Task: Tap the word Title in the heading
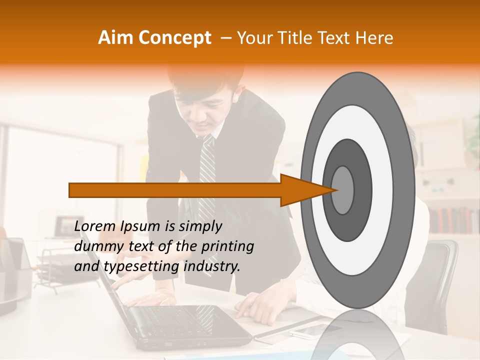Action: pyautogui.click(x=306, y=38)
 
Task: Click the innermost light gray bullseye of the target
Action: pyautogui.click(x=342, y=190)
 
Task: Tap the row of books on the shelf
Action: pyautogui.click(x=452, y=220)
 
